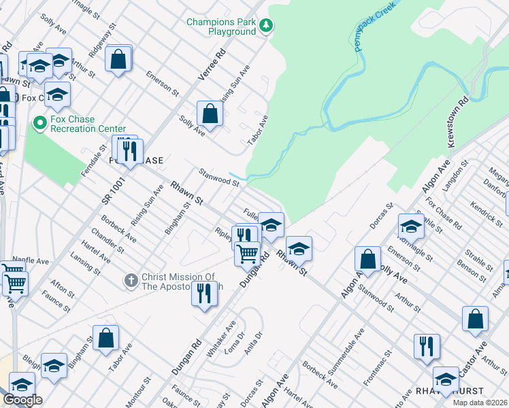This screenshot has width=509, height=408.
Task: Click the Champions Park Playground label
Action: pos(222,27)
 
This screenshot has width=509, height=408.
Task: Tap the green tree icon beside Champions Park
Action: pos(267,26)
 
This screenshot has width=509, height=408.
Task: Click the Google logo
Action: pos(22,400)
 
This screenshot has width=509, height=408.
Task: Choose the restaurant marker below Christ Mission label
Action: pos(203,294)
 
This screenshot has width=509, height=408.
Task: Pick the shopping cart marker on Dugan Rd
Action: pos(248,254)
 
